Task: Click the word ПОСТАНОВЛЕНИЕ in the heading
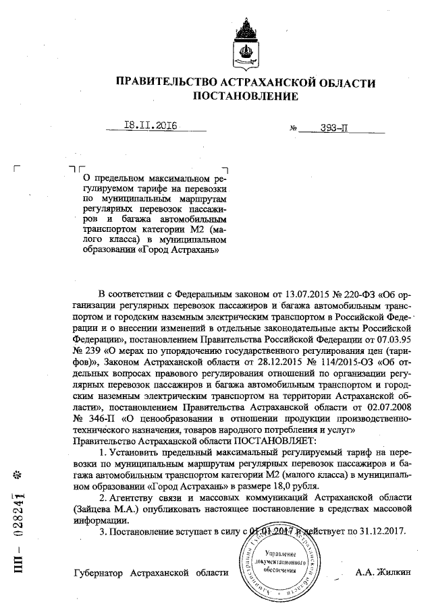245,97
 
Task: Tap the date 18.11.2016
151,125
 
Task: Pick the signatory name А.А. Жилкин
382,574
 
